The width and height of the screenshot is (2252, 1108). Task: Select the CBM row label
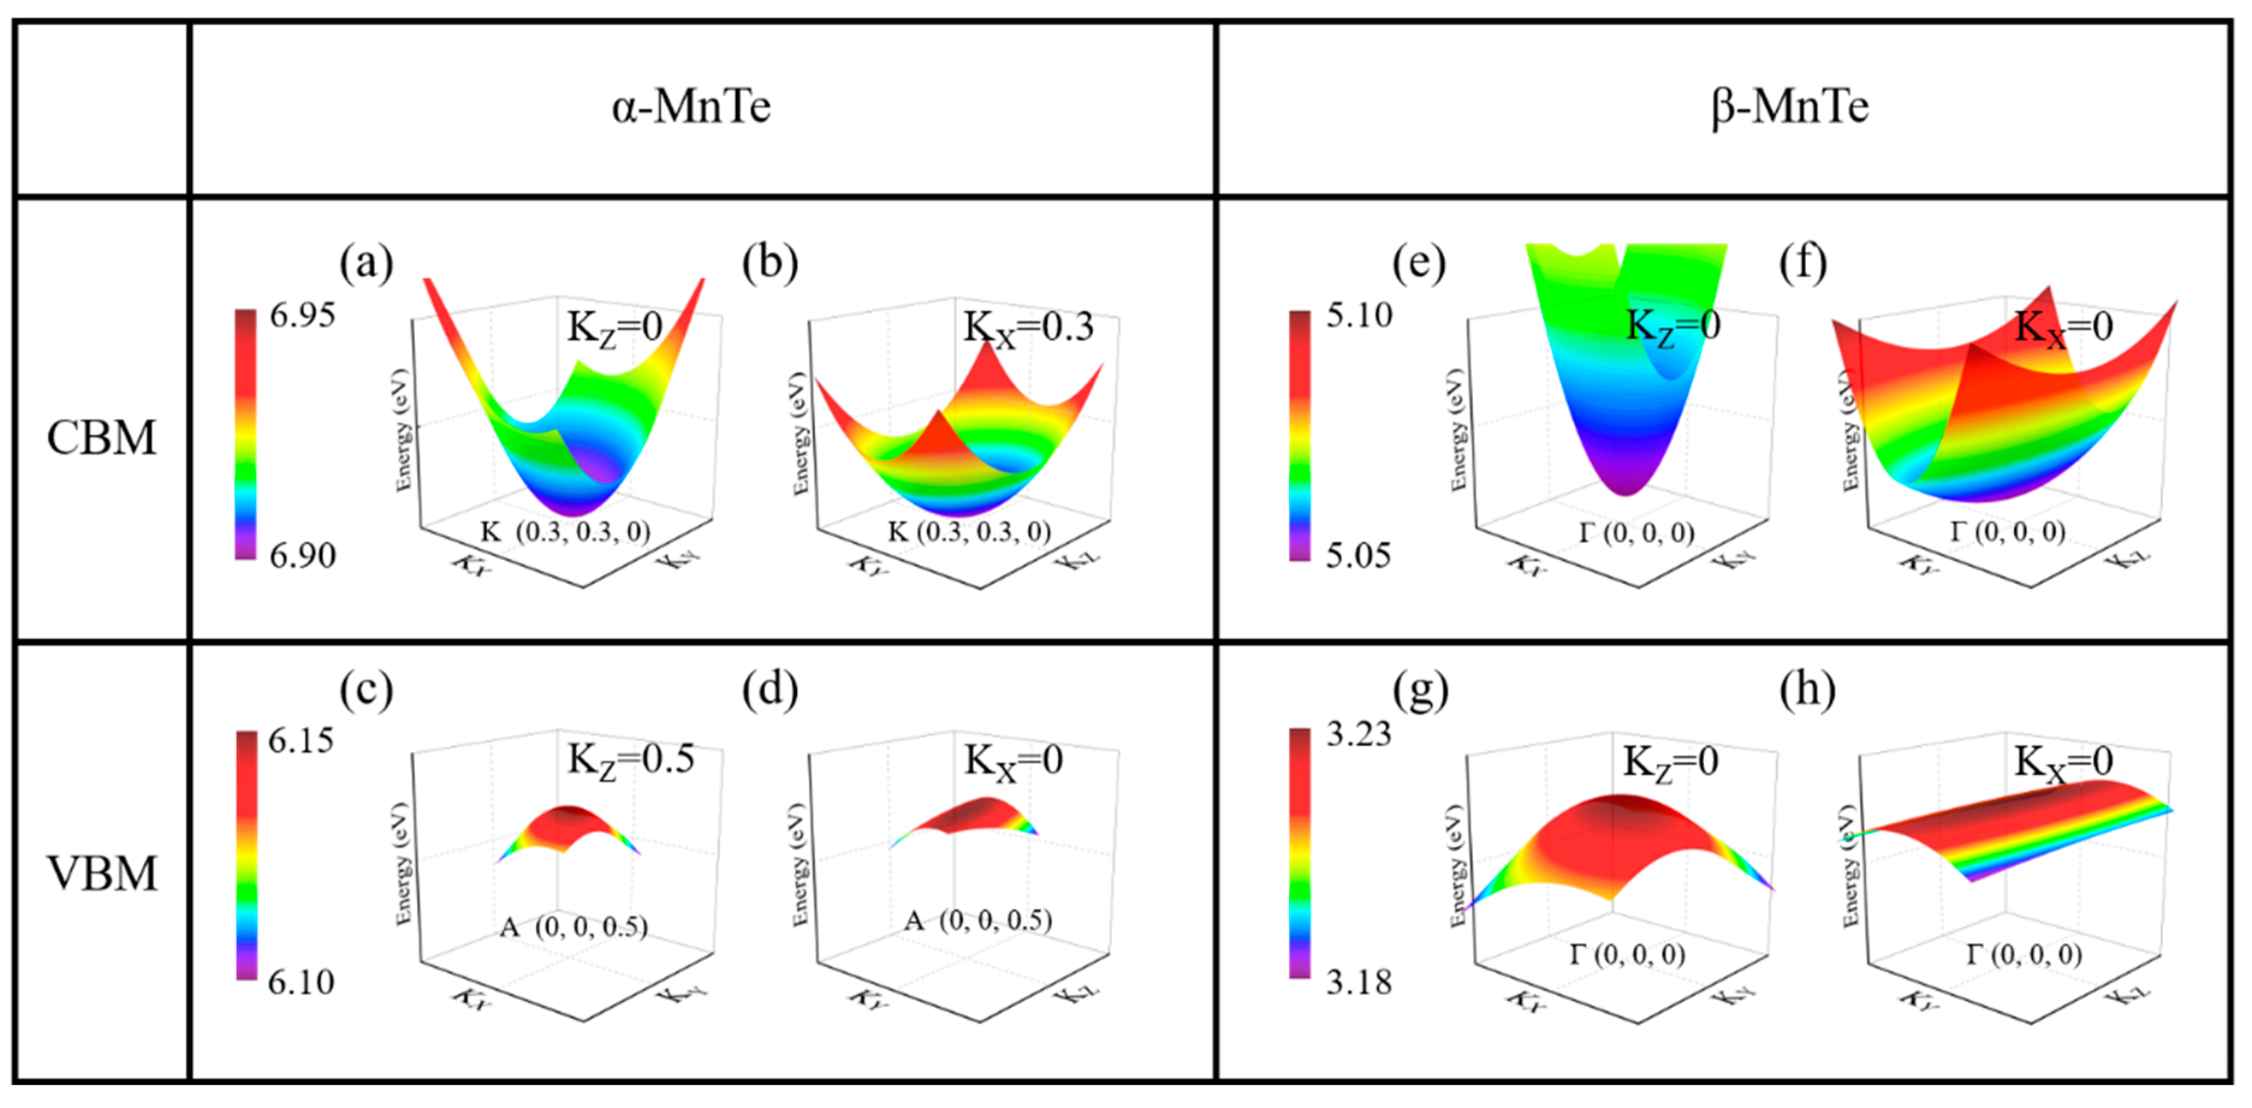coord(102,437)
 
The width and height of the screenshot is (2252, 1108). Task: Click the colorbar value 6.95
coord(302,315)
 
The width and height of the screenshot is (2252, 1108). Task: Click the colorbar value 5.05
coord(1357,554)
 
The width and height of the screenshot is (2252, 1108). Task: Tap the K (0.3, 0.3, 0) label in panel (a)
coord(565,531)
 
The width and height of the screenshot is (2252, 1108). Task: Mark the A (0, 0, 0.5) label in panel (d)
coord(978,920)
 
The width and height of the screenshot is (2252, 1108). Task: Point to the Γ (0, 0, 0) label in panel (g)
coord(1627,954)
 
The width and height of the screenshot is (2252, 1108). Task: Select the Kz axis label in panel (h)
coord(2127,993)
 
